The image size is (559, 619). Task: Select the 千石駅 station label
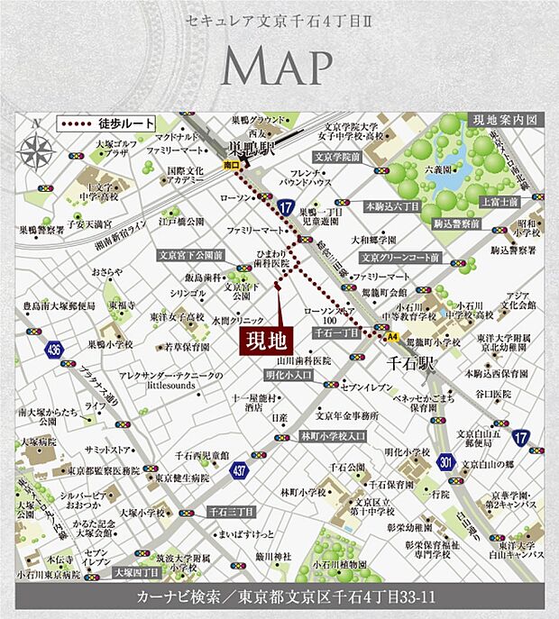pos(409,366)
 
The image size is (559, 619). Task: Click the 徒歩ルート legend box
pos(107,123)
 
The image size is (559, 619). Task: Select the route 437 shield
pos(238,469)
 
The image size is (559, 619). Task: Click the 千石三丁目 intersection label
pos(231,512)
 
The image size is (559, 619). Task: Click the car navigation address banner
pos(280,598)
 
